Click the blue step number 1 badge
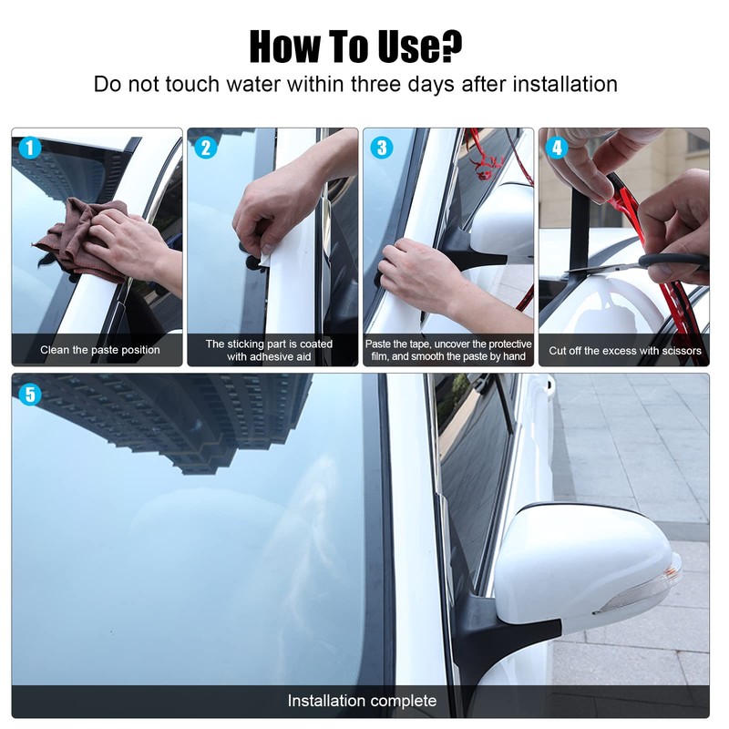coord(30,148)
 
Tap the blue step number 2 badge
coord(206,148)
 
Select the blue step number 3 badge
coord(382,148)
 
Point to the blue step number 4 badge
coord(557,148)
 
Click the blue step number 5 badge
coord(30,395)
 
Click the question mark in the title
coord(450,46)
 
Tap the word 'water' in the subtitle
coord(253,85)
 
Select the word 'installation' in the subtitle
coord(565,85)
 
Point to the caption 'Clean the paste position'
coord(100,350)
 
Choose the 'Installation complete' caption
coord(362,701)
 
